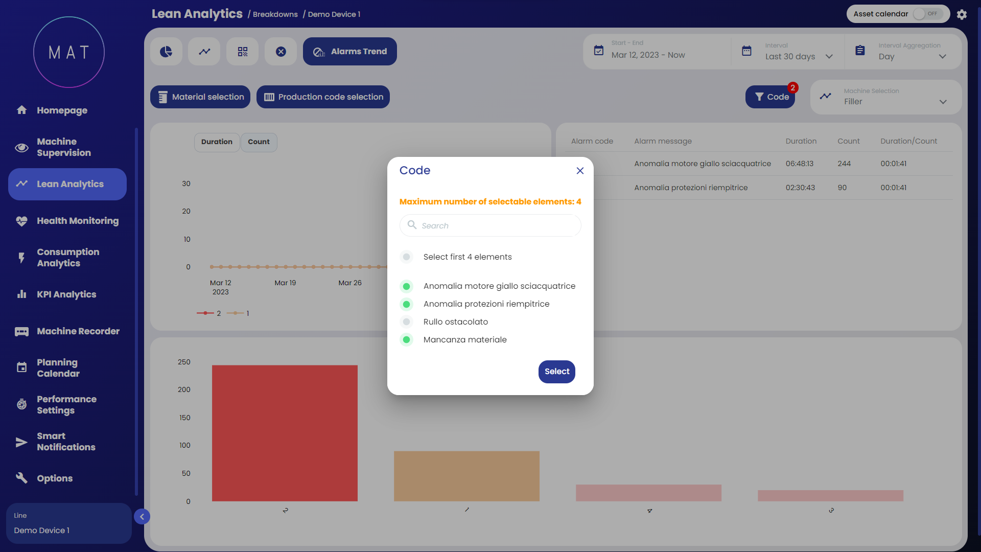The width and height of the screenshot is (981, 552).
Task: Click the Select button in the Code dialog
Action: (556, 372)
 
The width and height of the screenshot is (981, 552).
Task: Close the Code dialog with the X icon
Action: (580, 171)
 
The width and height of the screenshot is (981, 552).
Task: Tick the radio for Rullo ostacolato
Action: (407, 322)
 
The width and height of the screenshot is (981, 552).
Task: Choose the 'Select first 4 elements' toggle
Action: (407, 257)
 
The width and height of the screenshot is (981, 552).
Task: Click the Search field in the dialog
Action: (491, 225)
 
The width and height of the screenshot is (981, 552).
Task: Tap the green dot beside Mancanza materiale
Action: (407, 340)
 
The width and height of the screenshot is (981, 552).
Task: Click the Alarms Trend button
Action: (349, 52)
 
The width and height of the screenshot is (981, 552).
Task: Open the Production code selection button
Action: (323, 97)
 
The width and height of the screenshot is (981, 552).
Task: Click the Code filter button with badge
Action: (770, 97)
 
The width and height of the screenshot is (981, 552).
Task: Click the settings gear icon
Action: (962, 14)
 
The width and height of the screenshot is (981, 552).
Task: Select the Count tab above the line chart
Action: (259, 142)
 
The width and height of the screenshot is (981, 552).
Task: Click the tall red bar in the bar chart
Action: (285, 433)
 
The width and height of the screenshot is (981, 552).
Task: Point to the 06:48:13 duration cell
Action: (800, 164)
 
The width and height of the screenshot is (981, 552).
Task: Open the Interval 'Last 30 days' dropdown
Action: (798, 56)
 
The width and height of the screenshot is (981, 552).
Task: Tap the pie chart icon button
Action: (166, 52)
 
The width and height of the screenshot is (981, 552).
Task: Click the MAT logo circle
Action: (69, 52)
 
